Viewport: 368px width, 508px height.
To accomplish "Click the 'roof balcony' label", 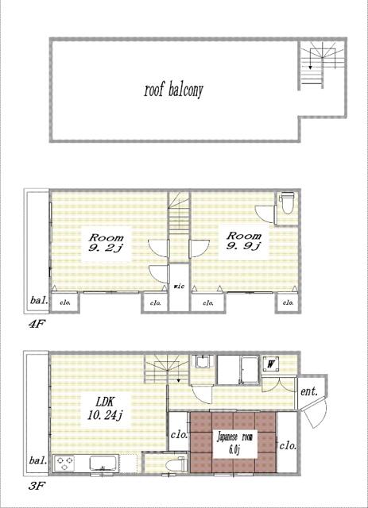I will pyautogui.click(x=173, y=89).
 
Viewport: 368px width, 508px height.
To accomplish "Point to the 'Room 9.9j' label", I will pyautogui.click(x=240, y=241).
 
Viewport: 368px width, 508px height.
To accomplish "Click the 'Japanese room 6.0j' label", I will pyautogui.click(x=234, y=442).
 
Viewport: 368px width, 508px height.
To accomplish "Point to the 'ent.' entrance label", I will pyautogui.click(x=308, y=391).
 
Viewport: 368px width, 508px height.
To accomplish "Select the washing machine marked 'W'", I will pyautogui.click(x=273, y=366).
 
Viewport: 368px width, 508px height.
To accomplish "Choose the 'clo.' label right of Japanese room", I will pyautogui.click(x=287, y=445).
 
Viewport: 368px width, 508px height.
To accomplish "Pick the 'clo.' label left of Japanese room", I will pyautogui.click(x=178, y=435).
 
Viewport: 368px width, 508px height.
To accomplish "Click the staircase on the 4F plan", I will pyautogui.click(x=179, y=214).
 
